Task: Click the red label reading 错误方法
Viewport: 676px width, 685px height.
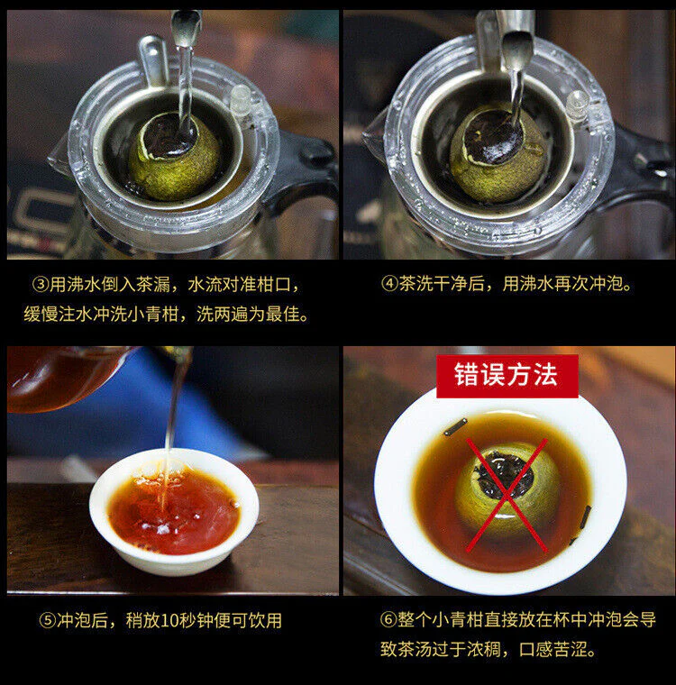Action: click(x=507, y=376)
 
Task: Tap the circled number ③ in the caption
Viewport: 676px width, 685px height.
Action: click(x=41, y=285)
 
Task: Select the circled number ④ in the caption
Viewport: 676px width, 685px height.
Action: click(x=388, y=284)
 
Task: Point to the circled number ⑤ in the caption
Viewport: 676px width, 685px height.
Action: click(x=47, y=620)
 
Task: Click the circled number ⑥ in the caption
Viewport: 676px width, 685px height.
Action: click(x=388, y=619)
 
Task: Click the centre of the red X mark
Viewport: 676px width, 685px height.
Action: click(x=507, y=495)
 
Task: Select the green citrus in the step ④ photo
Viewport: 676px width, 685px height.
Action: click(x=498, y=157)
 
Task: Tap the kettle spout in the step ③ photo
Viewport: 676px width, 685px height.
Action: click(x=186, y=26)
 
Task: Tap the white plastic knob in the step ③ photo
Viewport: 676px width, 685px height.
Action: click(x=240, y=100)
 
